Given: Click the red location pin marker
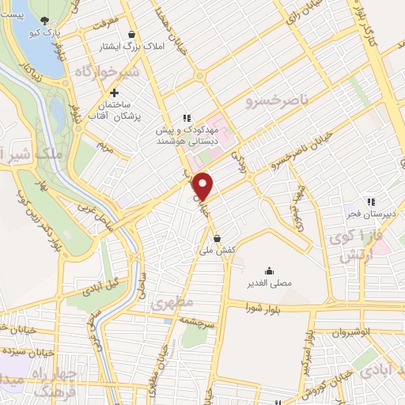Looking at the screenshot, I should tap(203, 185).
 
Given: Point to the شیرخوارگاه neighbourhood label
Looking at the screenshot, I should tap(108, 72).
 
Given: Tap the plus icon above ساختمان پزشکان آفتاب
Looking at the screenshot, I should tap(115, 93).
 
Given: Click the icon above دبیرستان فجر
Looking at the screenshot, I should tap(370, 201).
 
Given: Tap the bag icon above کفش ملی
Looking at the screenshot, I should tap(217, 237).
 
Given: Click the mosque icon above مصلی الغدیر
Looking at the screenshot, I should tap(271, 270).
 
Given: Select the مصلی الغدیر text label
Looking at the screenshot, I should tap(271, 282).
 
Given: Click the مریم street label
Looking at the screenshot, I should tap(104, 146).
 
